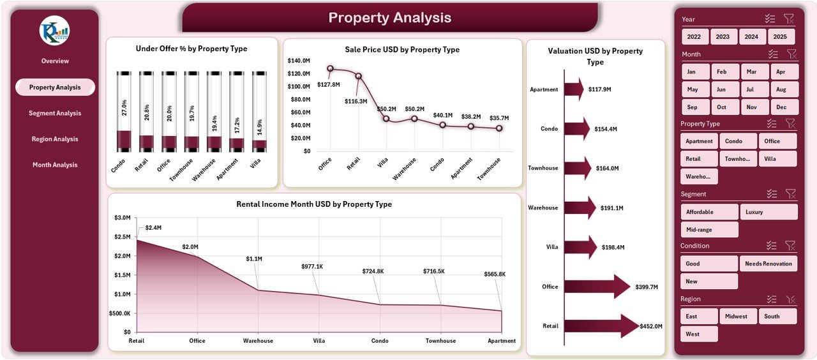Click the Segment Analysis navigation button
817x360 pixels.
click(55, 113)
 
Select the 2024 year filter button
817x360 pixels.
click(752, 37)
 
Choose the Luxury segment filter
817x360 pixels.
click(768, 212)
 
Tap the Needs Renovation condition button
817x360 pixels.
click(768, 264)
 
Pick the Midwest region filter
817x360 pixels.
click(738, 316)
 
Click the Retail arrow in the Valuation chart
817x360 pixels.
click(600, 326)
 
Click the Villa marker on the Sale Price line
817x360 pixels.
click(386, 119)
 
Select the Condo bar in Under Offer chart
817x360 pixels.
click(124, 112)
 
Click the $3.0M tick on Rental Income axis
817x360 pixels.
click(123, 218)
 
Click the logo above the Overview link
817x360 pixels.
click(54, 31)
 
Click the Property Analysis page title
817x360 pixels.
click(389, 18)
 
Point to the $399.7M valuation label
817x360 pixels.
click(647, 287)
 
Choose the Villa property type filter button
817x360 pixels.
click(777, 159)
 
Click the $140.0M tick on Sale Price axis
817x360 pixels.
click(299, 61)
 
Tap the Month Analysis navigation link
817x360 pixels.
click(55, 165)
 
